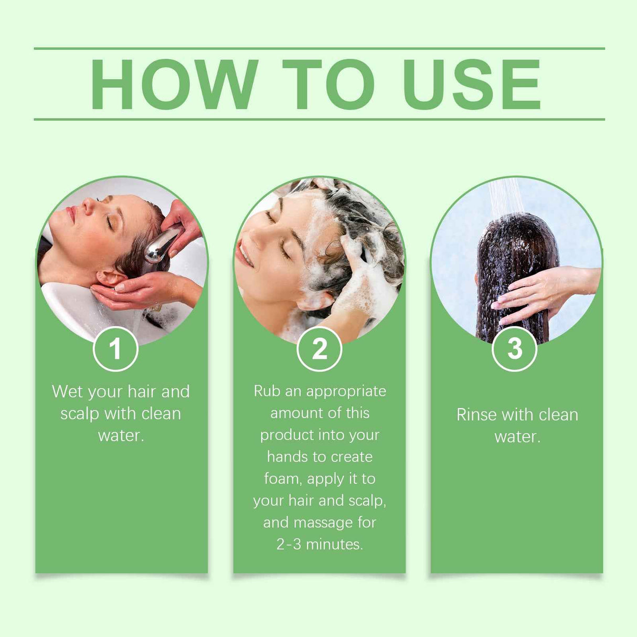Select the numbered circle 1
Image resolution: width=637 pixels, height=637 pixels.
115,349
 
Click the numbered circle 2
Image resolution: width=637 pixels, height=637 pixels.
319,349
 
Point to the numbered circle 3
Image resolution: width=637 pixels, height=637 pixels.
515,349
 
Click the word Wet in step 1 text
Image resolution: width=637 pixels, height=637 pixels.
67,391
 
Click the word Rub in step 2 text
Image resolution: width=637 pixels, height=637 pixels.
267,391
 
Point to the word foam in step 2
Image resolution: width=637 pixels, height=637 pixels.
282,479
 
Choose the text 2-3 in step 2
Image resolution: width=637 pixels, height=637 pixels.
289,544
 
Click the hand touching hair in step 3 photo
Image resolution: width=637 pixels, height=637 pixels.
530,294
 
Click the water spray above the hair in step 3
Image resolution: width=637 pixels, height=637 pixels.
505,197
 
